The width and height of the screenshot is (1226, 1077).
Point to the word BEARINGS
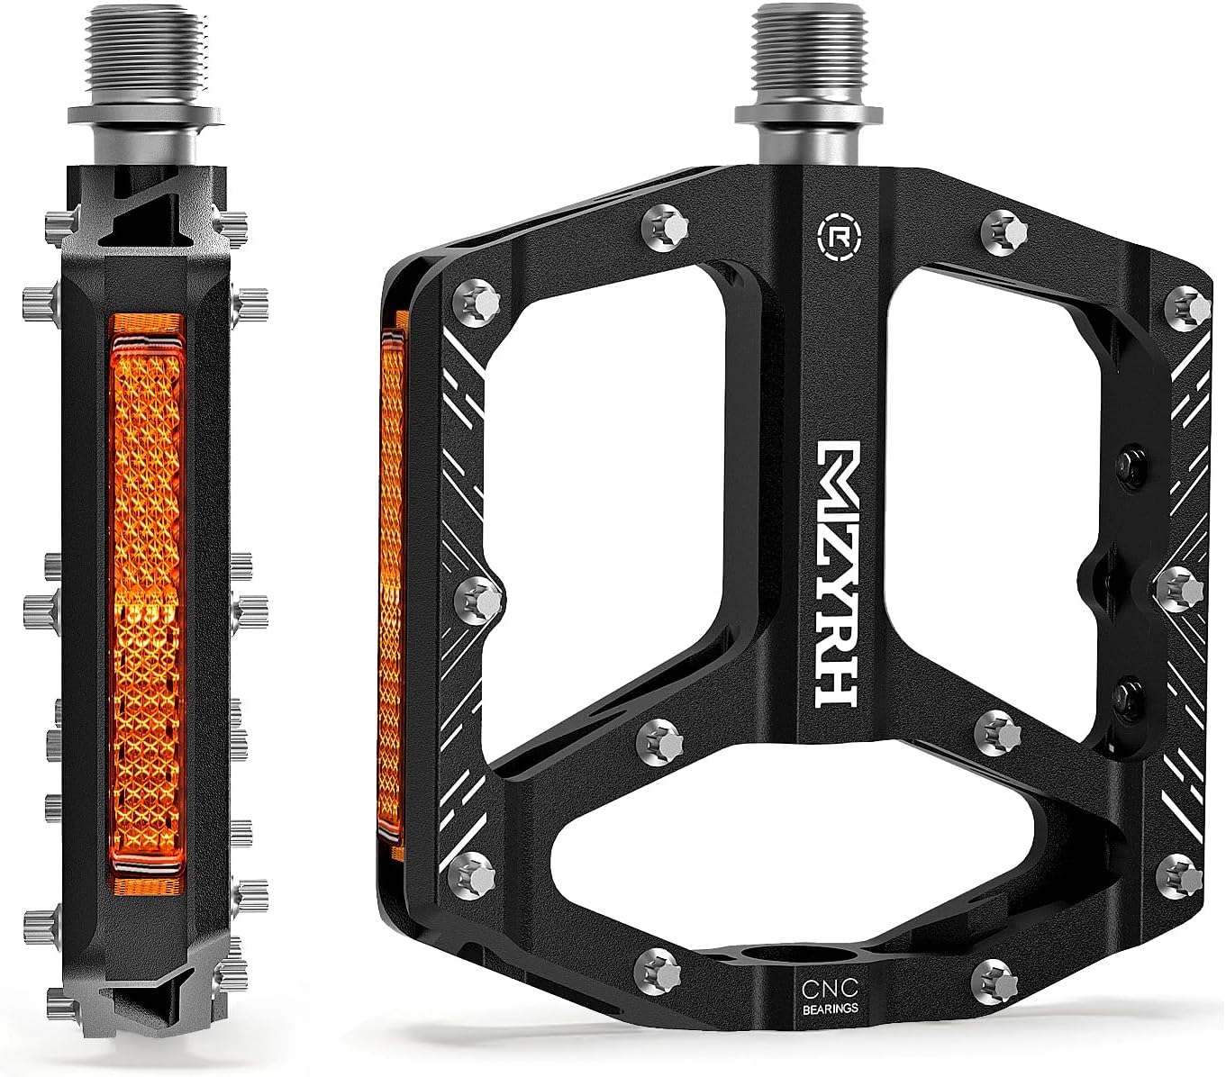(x=830, y=1009)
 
